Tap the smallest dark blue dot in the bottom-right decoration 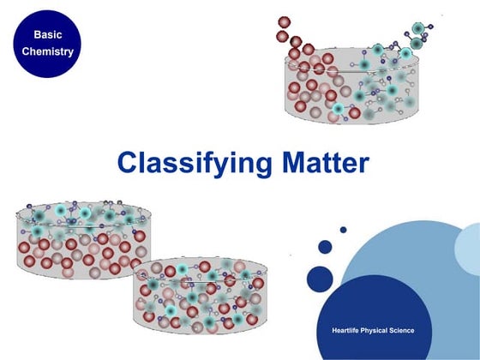[343, 230]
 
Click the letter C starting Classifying [126, 163]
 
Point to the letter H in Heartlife [334, 330]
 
